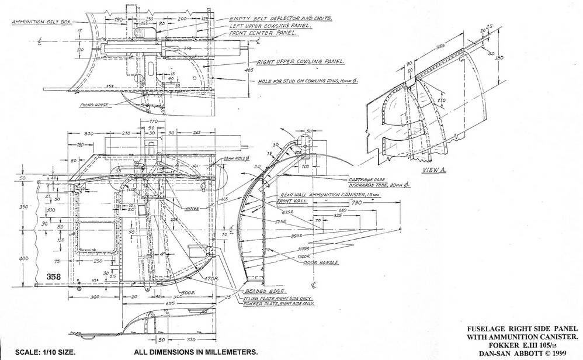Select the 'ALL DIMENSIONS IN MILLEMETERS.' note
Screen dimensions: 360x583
pyautogui.click(x=195, y=352)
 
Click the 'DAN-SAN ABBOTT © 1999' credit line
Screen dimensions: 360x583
pyautogui.click(x=524, y=353)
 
